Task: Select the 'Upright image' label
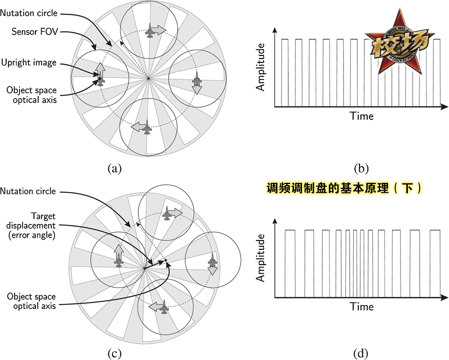point(29,62)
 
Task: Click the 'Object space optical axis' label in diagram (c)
point(32,301)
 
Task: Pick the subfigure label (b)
point(361,167)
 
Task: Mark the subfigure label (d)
point(361,352)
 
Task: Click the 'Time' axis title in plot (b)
point(362,116)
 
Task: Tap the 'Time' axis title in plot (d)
point(362,307)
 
